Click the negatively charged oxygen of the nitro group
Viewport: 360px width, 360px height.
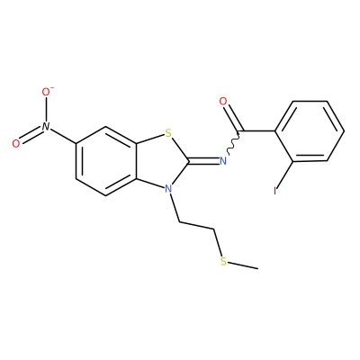[46, 93]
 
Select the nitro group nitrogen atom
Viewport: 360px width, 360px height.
[46, 126]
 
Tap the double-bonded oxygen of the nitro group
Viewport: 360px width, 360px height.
[16, 143]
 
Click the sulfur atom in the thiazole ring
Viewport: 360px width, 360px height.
[168, 132]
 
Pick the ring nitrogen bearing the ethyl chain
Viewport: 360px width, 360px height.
[168, 189]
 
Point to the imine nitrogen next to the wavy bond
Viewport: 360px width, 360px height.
[223, 161]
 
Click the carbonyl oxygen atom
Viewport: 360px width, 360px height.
[223, 102]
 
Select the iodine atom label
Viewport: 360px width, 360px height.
[274, 191]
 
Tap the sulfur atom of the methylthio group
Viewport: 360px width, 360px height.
[223, 261]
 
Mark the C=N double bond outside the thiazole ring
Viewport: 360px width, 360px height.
[203, 162]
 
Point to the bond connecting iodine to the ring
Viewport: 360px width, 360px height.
[284, 175]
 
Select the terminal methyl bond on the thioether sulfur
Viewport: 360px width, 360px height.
[242, 265]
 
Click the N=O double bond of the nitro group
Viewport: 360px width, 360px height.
[31, 135]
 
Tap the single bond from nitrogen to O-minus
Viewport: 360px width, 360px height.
[46, 110]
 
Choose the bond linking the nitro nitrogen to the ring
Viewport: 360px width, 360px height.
[63, 136]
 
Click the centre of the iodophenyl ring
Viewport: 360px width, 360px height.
[310, 131]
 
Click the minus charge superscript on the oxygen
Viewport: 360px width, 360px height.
[52, 88]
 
